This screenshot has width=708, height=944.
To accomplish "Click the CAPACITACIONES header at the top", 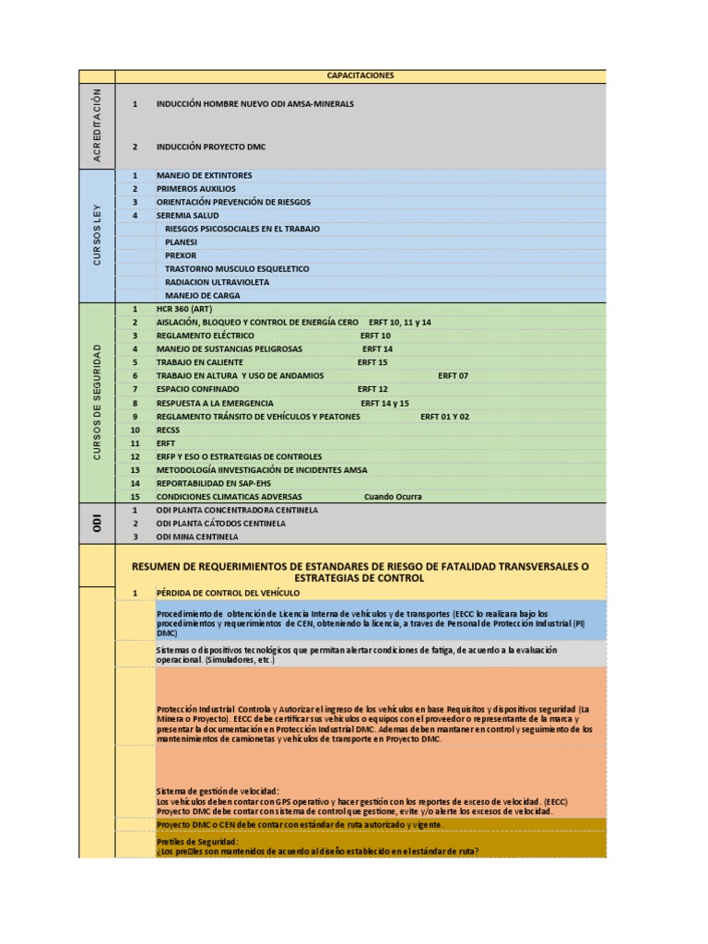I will (360, 76).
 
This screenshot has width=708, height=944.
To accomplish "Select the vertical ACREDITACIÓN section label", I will (97, 125).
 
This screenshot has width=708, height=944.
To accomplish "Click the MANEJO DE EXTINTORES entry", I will (204, 175).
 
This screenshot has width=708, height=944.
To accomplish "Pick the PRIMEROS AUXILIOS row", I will (195, 188).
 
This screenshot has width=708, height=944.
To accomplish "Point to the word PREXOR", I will (181, 255).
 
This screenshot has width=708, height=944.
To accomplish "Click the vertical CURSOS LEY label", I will (97, 235).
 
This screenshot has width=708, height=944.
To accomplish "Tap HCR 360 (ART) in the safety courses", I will (184, 309).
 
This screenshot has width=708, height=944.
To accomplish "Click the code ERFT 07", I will (453, 376).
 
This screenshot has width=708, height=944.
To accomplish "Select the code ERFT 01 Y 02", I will (444, 417).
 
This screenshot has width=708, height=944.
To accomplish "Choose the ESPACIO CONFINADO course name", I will (197, 389).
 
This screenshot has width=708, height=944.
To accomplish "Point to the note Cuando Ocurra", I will (393, 496).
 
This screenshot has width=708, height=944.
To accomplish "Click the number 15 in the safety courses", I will (135, 496).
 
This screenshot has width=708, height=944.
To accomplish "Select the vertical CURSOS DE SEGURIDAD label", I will (97, 402).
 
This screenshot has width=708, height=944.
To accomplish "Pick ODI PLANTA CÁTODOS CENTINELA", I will (220, 523).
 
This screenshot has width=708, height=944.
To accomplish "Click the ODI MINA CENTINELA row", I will (197, 537).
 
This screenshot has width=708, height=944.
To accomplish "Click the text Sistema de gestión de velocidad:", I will (218, 791).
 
